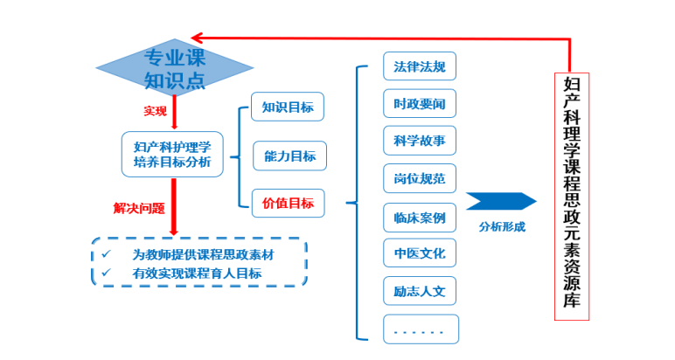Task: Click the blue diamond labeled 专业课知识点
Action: [x=174, y=69]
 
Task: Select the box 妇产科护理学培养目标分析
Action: [x=173, y=154]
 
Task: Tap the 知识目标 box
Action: [x=288, y=107]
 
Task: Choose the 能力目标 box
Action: [x=289, y=156]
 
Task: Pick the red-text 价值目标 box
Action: [x=288, y=204]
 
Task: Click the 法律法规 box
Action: [x=420, y=66]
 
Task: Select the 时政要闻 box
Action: [x=420, y=104]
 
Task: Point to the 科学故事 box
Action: [x=420, y=142]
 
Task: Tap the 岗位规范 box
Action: [x=420, y=179]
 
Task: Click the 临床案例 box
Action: [x=420, y=217]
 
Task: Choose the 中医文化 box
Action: [x=420, y=253]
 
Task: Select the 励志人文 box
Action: [x=420, y=291]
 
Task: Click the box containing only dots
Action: [x=420, y=329]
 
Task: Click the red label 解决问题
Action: [x=138, y=209]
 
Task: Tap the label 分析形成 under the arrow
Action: [x=501, y=227]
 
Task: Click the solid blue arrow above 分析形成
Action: [x=501, y=201]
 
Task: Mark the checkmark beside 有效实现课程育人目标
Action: [x=107, y=273]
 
